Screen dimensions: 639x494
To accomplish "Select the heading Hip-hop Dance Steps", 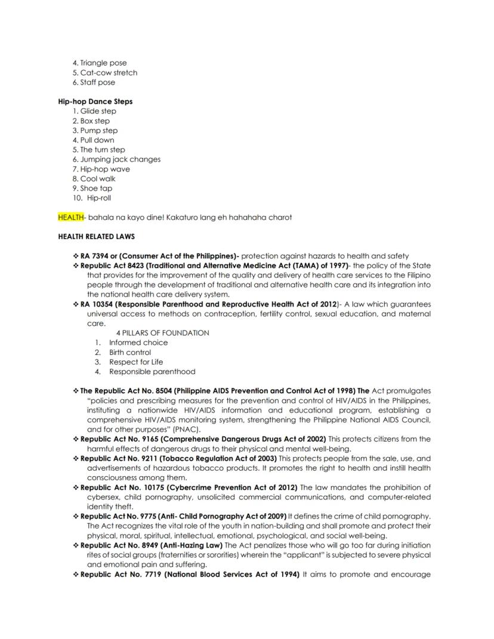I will (x=95, y=101).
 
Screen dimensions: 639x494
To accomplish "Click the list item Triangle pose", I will (x=104, y=63).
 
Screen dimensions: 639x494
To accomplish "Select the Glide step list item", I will (x=98, y=111).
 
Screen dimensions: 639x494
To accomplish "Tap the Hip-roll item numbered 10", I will (x=99, y=198).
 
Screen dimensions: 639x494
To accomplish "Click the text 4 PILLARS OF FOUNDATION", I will (x=162, y=333).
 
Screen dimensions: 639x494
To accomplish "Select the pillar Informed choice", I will (x=138, y=342).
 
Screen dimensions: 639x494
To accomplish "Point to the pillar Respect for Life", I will (x=136, y=362).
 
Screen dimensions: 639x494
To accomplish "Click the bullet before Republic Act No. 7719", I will (x=76, y=575).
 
